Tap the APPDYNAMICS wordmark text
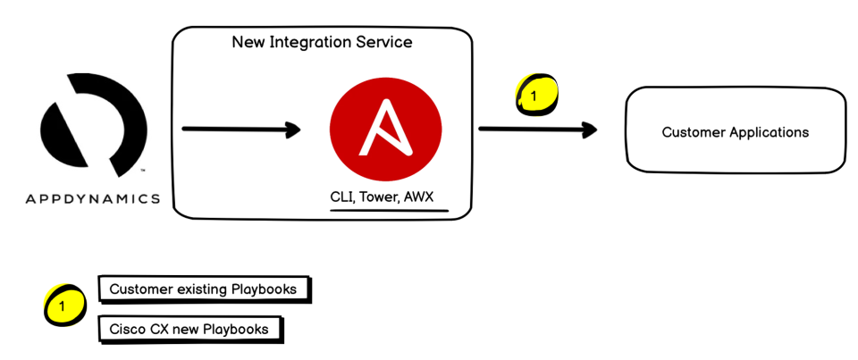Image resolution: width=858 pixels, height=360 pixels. (x=93, y=198)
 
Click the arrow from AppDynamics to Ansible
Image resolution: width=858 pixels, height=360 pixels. (x=241, y=130)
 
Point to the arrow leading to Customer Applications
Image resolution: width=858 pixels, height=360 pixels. (x=537, y=130)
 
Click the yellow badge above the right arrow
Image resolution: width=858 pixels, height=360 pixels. (x=535, y=96)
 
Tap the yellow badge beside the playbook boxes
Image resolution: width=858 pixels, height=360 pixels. (x=63, y=306)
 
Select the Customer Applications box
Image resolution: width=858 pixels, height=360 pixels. (x=735, y=131)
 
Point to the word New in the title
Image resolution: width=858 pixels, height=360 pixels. (x=248, y=42)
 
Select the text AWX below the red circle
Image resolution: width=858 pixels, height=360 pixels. (x=418, y=197)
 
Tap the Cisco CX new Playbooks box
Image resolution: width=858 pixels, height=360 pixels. (x=189, y=329)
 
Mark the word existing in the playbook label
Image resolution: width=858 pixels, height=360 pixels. (x=200, y=289)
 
